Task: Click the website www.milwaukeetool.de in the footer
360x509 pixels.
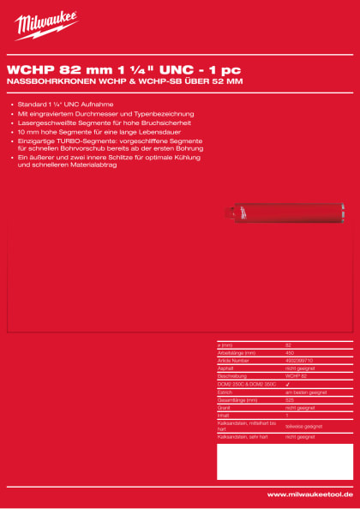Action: pyautogui.click(x=309, y=494)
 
